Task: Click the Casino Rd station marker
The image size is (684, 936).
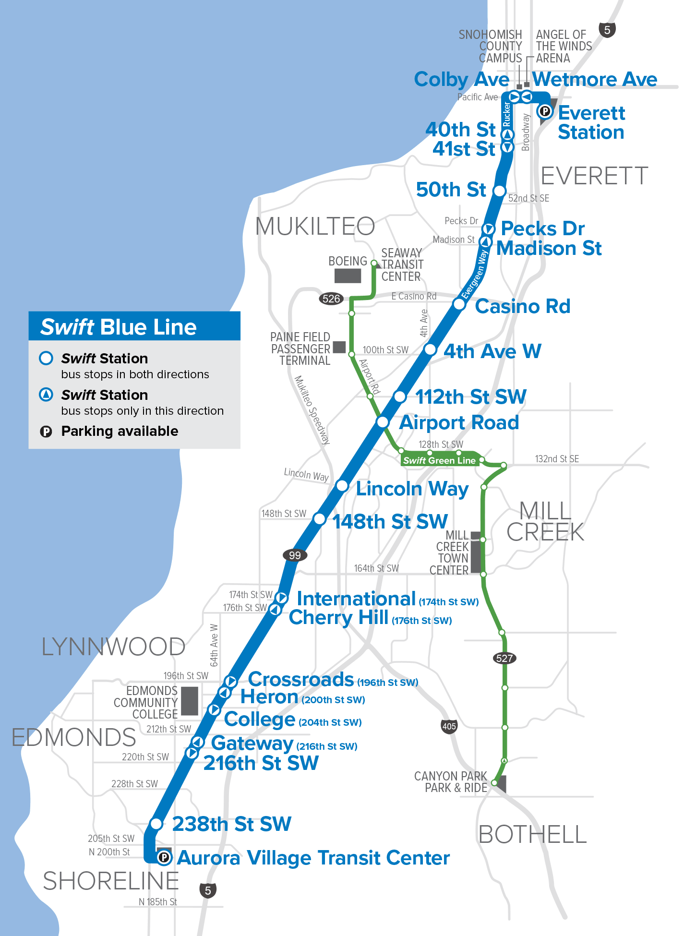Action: tap(459, 304)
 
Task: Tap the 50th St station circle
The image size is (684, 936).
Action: tap(500, 191)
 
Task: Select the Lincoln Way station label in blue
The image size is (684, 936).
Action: tap(412, 489)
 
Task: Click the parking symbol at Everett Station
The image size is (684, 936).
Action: tap(545, 111)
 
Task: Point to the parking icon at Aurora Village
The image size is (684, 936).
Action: tap(164, 857)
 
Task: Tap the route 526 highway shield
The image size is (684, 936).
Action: tap(331, 299)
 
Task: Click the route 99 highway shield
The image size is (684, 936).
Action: tap(295, 555)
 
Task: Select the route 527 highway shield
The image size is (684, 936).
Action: tap(504, 658)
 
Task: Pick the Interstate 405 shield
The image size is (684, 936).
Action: tap(449, 726)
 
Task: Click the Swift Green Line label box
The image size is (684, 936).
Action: tap(439, 460)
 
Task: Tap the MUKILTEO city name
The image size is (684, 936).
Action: tap(315, 226)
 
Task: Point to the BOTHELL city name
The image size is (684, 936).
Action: tap(533, 835)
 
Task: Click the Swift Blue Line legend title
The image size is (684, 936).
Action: tap(119, 327)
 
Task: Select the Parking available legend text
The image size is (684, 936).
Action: tap(120, 431)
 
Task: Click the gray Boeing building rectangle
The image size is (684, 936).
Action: tap(348, 276)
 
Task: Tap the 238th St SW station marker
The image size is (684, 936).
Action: tap(156, 824)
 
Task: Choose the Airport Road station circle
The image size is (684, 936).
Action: tap(383, 422)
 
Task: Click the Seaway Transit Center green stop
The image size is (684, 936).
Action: tap(374, 263)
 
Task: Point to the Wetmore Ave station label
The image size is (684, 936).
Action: tap(595, 79)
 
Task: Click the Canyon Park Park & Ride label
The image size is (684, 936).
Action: tap(451, 782)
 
